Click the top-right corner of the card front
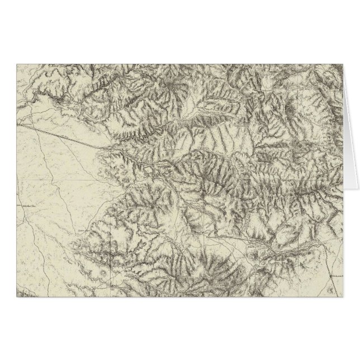coord(344,64)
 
